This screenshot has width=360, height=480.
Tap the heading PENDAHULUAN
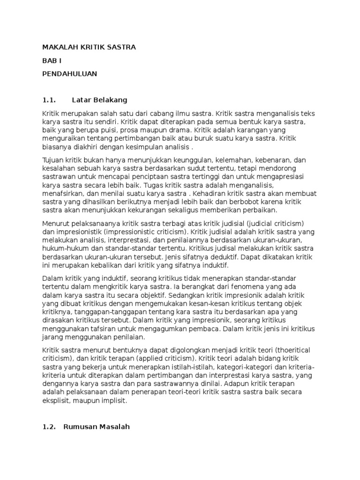pos(69,74)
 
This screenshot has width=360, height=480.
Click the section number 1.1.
pos(49,100)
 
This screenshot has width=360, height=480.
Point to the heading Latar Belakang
pos(100,100)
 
